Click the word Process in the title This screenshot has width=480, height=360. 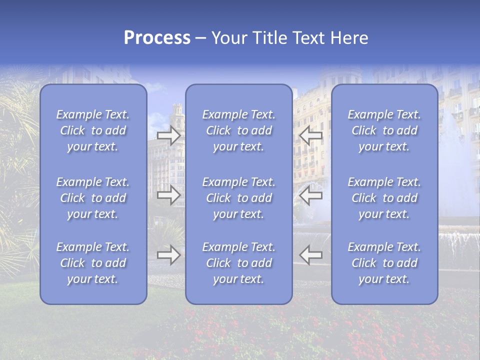point(157,38)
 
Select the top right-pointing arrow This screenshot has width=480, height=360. point(168,135)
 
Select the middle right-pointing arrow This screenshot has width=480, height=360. point(168,195)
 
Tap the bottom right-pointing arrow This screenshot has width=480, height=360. point(168,255)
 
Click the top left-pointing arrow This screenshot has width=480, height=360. point(310,135)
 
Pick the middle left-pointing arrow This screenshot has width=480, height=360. point(310,195)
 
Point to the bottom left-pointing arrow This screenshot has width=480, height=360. point(310,255)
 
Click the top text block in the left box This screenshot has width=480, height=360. point(93,130)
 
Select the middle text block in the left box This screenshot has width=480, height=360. point(93,198)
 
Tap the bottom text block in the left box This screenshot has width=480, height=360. point(93,263)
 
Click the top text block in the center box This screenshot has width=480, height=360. point(238,130)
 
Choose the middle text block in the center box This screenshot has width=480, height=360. point(238,198)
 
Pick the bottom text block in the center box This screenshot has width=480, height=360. point(238,263)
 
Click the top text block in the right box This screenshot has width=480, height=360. point(384,130)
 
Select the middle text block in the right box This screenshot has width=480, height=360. point(384,198)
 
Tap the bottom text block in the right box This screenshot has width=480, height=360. point(384,263)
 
